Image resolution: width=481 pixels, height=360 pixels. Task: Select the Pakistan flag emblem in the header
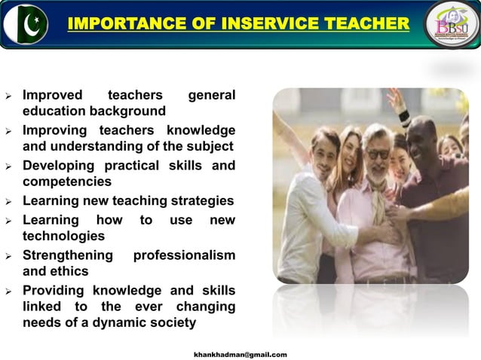pos(26,24)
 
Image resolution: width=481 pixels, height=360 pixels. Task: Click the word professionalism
pos(184,255)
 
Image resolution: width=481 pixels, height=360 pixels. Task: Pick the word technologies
pos(64,236)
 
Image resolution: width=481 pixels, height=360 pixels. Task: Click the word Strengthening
pos(68,255)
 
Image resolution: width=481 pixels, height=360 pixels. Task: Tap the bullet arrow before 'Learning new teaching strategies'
pos(8,202)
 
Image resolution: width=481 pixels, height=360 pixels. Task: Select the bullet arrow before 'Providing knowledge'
pos(8,291)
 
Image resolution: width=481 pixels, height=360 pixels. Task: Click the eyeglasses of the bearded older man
pos(377,154)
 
